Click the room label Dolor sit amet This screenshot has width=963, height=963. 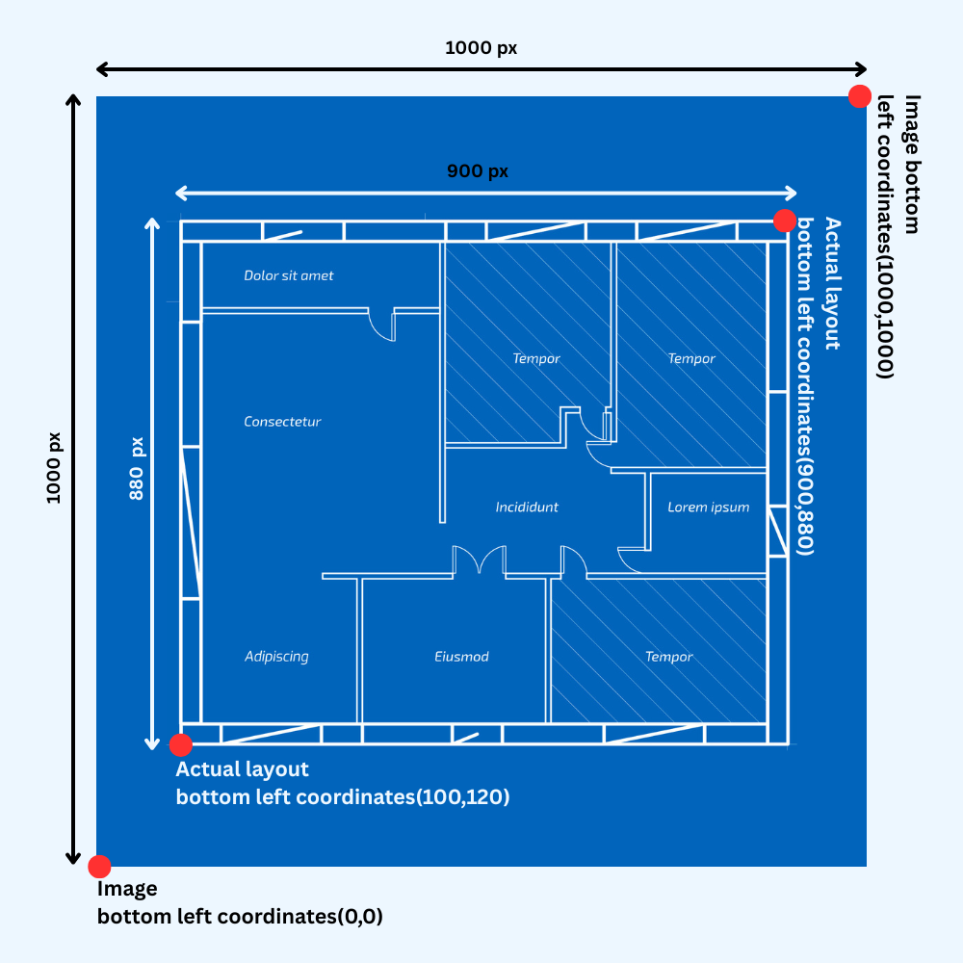(x=289, y=275)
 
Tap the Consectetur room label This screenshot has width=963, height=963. (x=282, y=422)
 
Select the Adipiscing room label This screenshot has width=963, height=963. (x=276, y=657)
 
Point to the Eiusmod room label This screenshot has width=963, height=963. (x=462, y=657)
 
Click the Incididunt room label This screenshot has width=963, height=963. (x=527, y=507)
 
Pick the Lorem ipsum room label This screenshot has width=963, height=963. (x=709, y=507)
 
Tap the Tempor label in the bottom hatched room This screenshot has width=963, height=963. (x=669, y=657)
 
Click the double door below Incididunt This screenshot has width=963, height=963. (x=480, y=560)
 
